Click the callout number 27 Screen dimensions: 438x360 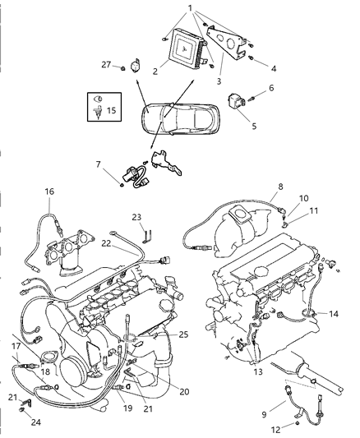coord(107,64)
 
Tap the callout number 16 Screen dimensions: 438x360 coord(49,191)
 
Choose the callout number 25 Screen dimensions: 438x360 coord(182,335)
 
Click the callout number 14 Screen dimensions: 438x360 coord(334,314)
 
